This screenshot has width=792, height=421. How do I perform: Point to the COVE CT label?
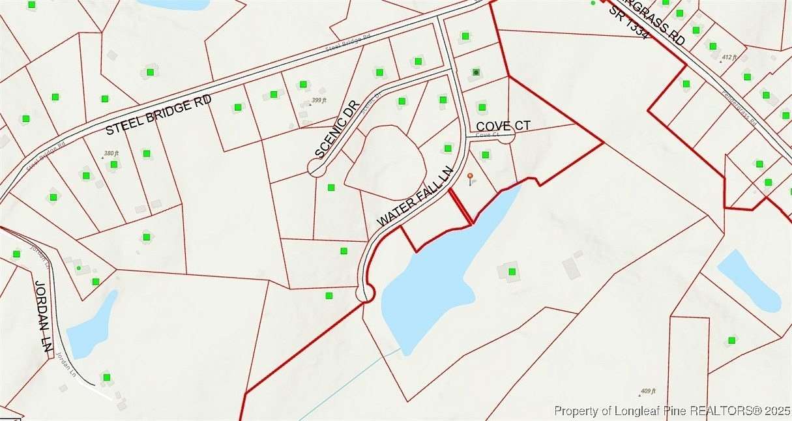[x=503, y=125]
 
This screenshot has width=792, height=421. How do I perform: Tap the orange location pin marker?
[x=471, y=177]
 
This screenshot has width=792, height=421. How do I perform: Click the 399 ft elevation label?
[x=318, y=100]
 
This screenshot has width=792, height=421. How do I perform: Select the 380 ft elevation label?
[x=111, y=154]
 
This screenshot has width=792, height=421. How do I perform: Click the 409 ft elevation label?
[x=647, y=392]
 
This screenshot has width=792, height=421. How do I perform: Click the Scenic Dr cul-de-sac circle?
[x=316, y=169]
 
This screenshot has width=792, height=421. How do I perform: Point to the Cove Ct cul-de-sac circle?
[x=506, y=136]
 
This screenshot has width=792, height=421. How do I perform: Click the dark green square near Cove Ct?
[x=476, y=72]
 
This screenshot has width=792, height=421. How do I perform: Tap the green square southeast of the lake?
[x=512, y=271]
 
